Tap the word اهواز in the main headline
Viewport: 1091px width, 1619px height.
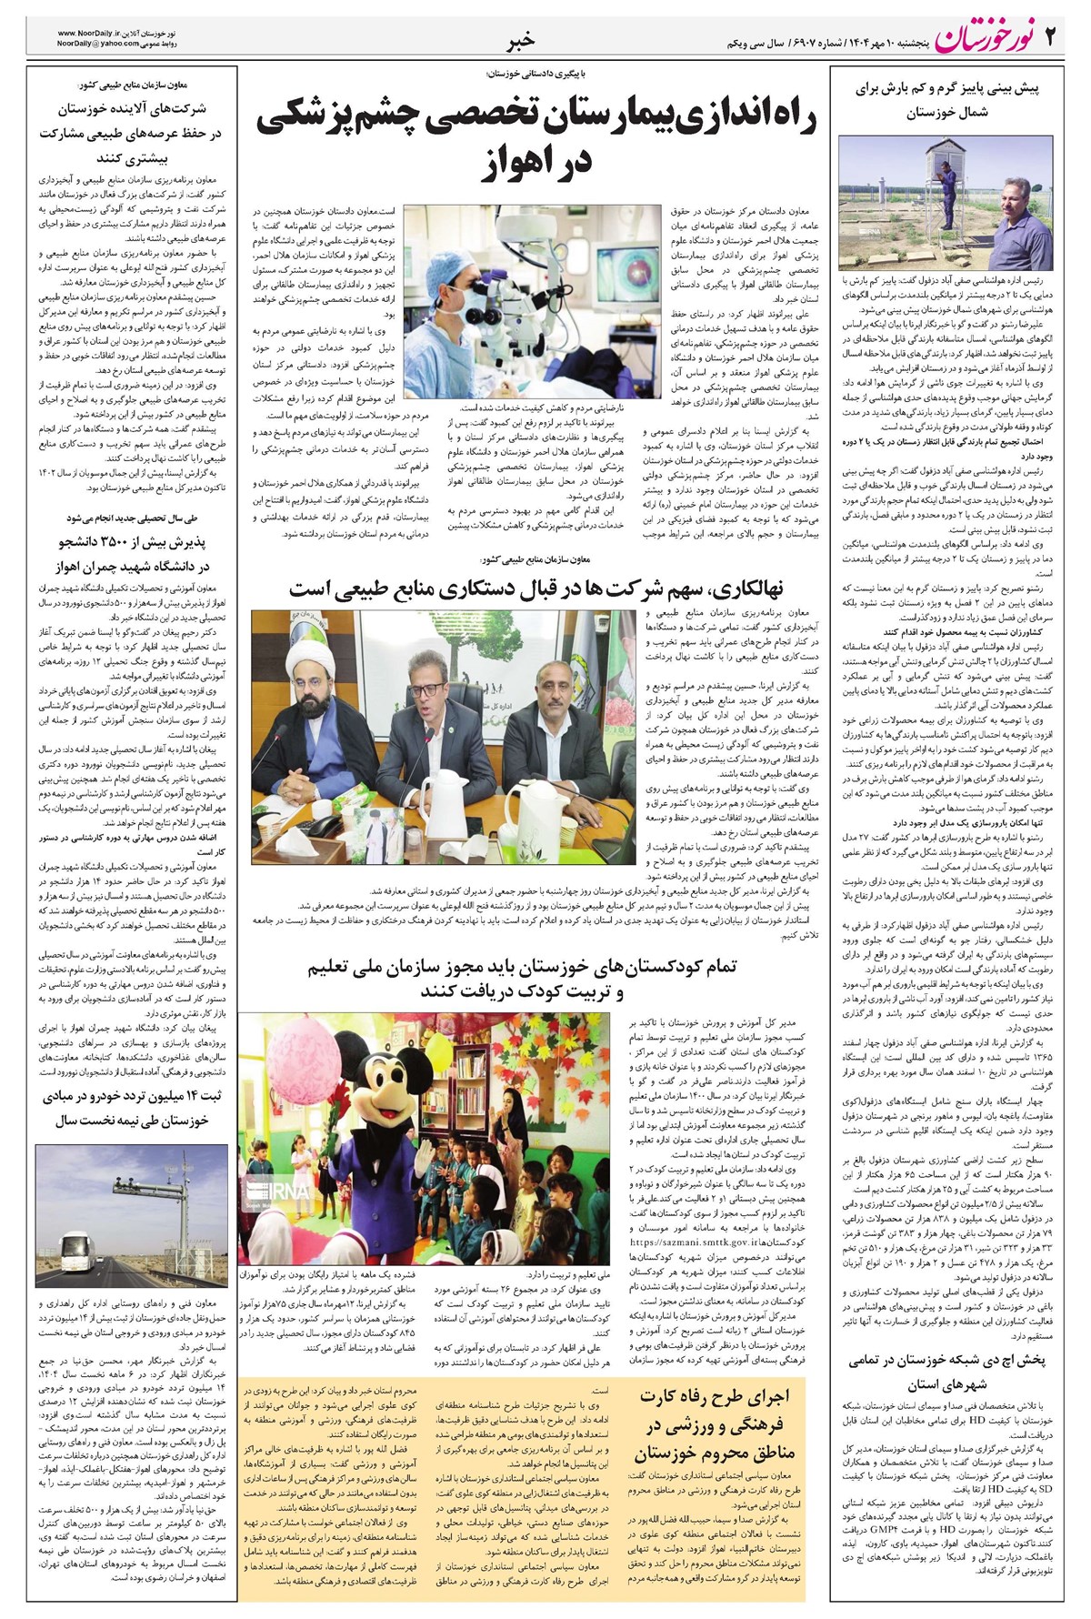coord(545,161)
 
